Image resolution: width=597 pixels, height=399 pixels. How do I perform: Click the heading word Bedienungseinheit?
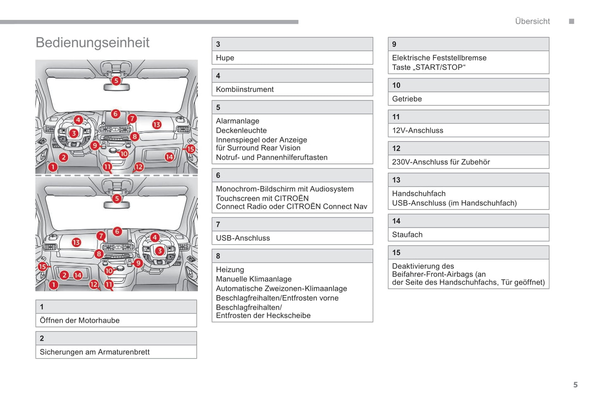click(92, 43)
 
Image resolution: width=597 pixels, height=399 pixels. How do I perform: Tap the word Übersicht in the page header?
click(532, 22)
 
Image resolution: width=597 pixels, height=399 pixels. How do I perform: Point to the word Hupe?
click(225, 58)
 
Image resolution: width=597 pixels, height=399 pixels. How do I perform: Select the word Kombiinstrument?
click(245, 89)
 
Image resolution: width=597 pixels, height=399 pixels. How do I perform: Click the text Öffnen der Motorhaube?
click(80, 320)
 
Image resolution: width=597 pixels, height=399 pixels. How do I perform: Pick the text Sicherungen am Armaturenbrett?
click(95, 352)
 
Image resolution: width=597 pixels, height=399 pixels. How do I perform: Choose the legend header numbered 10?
click(396, 85)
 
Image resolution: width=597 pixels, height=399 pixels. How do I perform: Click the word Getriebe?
click(407, 99)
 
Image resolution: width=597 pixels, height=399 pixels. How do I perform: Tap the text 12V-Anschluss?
click(417, 130)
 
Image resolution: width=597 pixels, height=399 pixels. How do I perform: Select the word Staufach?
click(407, 235)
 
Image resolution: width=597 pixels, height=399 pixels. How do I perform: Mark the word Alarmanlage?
click(238, 121)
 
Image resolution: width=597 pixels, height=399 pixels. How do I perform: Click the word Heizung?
click(230, 269)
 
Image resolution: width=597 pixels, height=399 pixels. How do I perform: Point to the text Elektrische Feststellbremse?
click(439, 58)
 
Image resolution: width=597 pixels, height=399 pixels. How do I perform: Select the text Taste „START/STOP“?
click(428, 67)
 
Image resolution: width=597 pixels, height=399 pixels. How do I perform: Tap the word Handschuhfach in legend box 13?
click(419, 194)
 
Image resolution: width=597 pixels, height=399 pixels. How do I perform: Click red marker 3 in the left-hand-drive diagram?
click(74, 133)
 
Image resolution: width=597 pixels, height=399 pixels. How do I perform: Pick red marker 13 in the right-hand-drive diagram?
click(76, 243)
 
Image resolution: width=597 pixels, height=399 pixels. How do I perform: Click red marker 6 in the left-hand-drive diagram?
click(116, 113)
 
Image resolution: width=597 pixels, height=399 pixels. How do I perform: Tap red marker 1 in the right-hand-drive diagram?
click(53, 285)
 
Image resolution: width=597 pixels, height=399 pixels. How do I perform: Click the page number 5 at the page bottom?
click(576, 385)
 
